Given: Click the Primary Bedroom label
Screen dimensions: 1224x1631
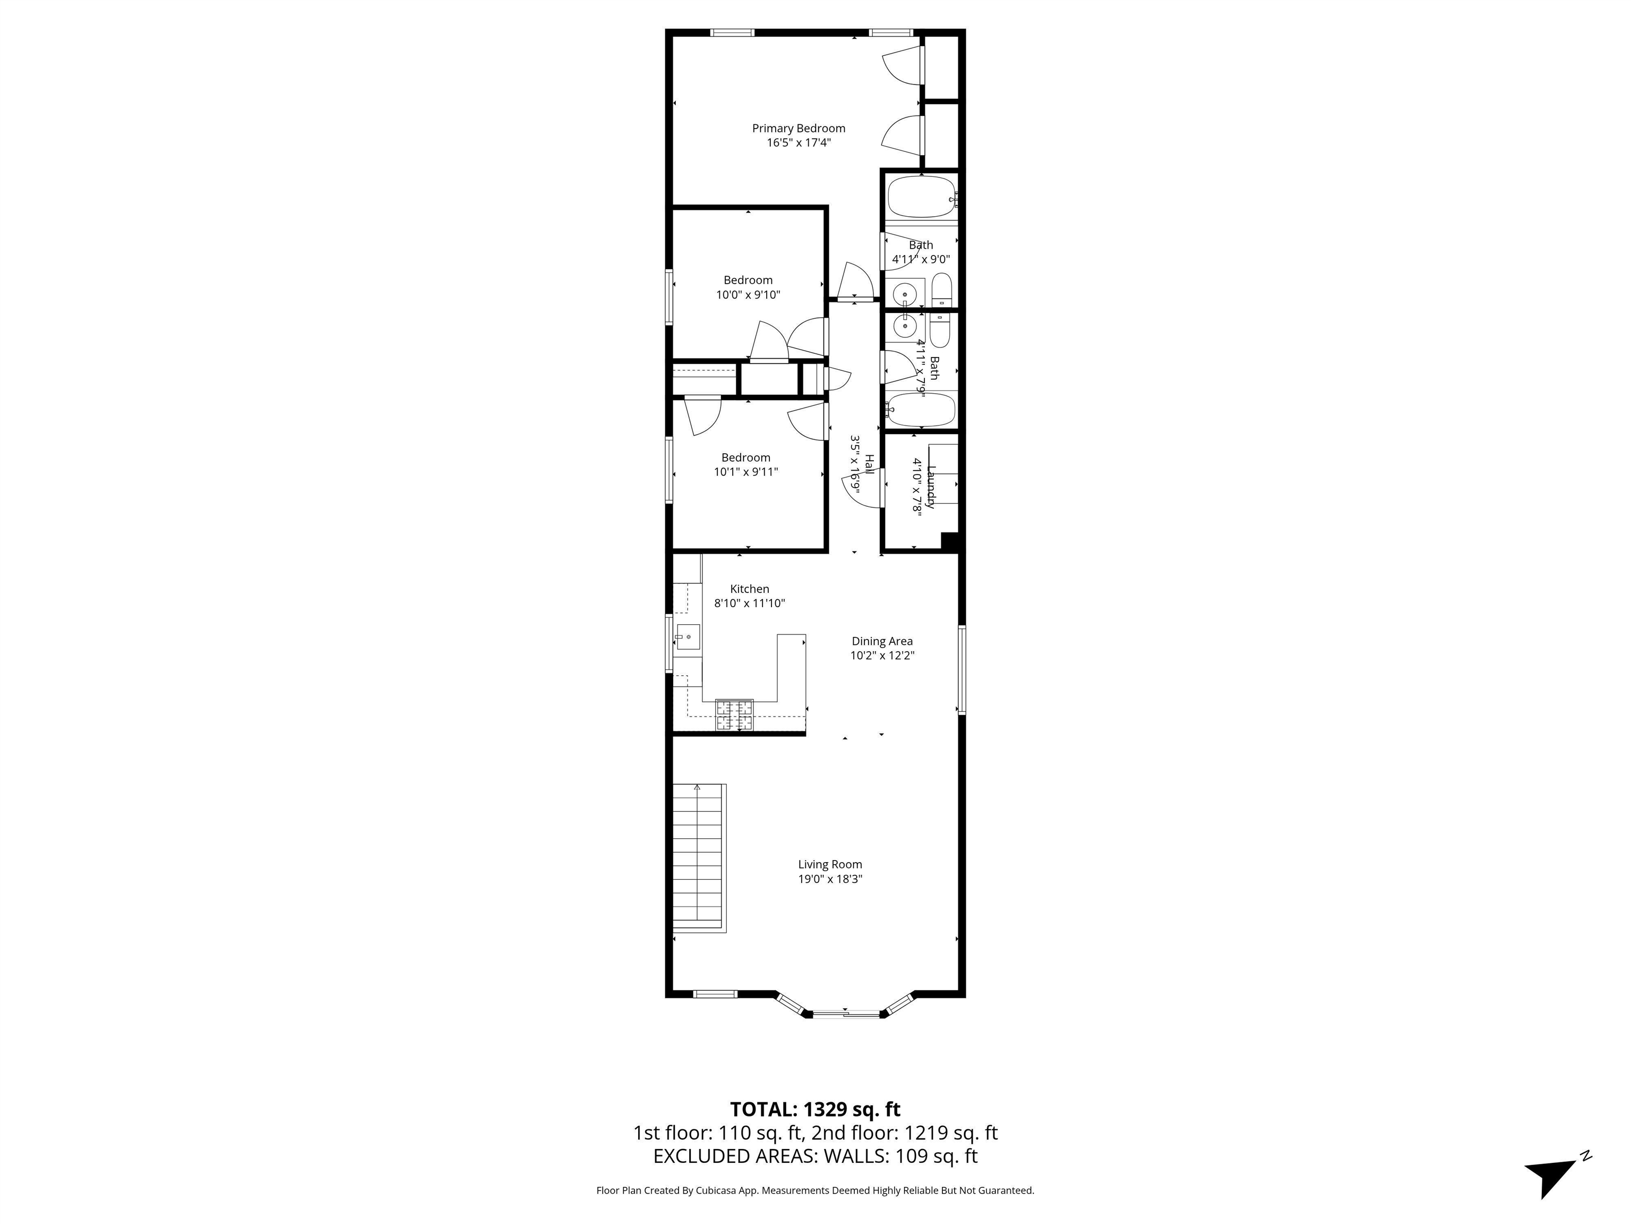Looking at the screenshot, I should (x=798, y=129).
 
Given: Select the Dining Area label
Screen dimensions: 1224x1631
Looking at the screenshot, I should (x=882, y=641).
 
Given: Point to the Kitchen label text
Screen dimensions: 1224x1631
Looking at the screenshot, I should (x=749, y=589).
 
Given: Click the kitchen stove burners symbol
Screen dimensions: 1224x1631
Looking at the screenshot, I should (x=734, y=715).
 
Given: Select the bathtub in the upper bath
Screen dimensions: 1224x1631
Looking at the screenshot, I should (x=921, y=197).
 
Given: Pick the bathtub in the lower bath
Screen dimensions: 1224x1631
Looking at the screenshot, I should (x=921, y=410).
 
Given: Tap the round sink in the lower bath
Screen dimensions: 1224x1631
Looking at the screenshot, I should (x=904, y=325).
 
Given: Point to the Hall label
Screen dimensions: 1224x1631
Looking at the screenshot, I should (x=869, y=465).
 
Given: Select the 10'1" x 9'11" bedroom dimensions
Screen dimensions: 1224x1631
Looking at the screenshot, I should (x=745, y=472).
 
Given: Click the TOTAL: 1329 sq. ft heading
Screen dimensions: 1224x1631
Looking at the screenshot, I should (x=815, y=1110).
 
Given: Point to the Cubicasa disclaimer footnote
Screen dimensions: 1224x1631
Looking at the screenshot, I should (x=815, y=1190).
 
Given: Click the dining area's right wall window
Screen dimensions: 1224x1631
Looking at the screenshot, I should (x=962, y=669).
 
